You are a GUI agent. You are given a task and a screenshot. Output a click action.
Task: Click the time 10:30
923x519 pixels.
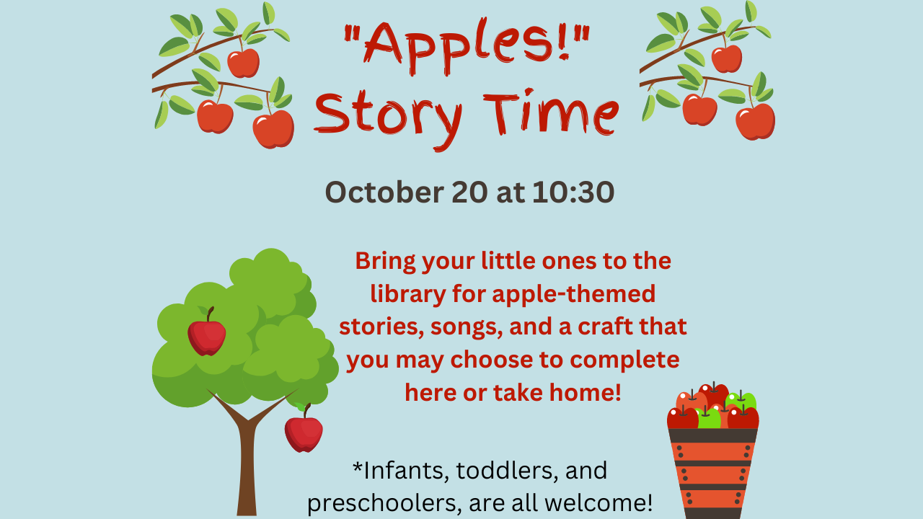click(573, 192)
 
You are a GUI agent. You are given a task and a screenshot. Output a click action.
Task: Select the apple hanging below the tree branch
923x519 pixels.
click(304, 432)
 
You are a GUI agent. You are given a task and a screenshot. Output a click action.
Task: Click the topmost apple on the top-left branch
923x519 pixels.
click(243, 63)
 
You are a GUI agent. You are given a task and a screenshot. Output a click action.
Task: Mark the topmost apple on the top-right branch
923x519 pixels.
click(726, 58)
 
